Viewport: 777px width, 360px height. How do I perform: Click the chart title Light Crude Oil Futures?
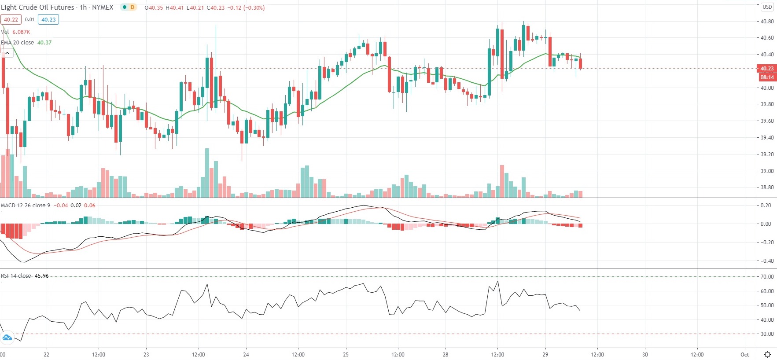click(37, 7)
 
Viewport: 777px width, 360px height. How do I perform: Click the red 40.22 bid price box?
click(11, 19)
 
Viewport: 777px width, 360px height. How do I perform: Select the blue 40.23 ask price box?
click(48, 19)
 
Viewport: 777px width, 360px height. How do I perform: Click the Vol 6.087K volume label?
click(15, 32)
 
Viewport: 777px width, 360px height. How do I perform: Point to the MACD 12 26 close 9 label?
click(26, 206)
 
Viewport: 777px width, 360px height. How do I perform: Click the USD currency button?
click(767, 7)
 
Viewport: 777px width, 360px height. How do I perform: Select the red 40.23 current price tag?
click(767, 69)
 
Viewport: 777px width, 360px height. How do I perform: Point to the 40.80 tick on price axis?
click(767, 22)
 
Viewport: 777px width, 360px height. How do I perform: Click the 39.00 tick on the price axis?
click(767, 171)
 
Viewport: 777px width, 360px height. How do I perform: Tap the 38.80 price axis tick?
click(767, 187)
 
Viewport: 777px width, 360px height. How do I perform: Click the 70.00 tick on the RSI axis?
click(767, 277)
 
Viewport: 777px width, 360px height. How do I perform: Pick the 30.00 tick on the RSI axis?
click(767, 334)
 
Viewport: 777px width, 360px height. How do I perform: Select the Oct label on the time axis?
click(744, 355)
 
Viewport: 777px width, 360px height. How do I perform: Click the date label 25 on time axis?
click(346, 355)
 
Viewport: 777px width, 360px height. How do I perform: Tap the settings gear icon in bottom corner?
click(767, 355)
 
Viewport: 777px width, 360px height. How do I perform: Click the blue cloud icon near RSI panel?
click(7, 338)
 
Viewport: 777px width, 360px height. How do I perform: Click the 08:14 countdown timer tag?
click(767, 77)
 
